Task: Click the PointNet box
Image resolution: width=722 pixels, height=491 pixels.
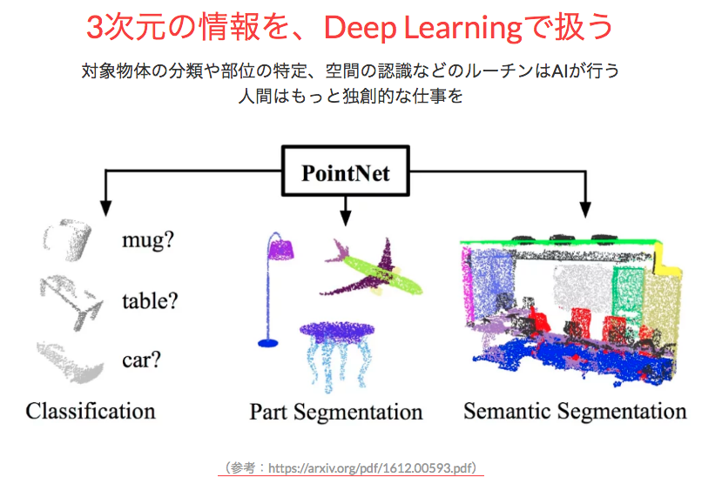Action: pos(346,172)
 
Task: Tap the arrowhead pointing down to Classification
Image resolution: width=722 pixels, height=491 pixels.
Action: pos(106,208)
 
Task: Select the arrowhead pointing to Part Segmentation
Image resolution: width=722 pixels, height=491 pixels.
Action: pos(346,218)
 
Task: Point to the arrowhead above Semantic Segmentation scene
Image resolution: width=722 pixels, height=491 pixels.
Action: pos(585,210)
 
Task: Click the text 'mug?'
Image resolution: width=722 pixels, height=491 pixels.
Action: pos(148,240)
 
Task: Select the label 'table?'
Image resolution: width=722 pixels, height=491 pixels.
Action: pos(150,300)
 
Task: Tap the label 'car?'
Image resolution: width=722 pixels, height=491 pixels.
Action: pos(141,360)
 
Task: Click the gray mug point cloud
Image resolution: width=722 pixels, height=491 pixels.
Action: pos(68,239)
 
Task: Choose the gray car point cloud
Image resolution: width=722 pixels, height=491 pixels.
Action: pos(70,364)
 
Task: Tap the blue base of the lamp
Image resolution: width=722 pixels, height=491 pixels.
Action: pos(268,343)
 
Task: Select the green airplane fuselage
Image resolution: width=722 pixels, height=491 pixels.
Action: pos(382,275)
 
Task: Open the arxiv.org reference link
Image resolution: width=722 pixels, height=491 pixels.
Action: pos(372,468)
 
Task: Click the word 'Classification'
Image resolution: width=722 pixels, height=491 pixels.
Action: pos(91,411)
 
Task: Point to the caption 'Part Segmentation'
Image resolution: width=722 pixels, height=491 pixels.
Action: pos(336,412)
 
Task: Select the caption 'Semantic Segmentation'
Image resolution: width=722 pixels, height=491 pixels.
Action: pos(575,412)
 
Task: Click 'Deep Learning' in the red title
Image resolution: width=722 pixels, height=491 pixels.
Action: pos(423,28)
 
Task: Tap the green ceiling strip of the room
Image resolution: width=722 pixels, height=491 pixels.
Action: pos(558,242)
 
